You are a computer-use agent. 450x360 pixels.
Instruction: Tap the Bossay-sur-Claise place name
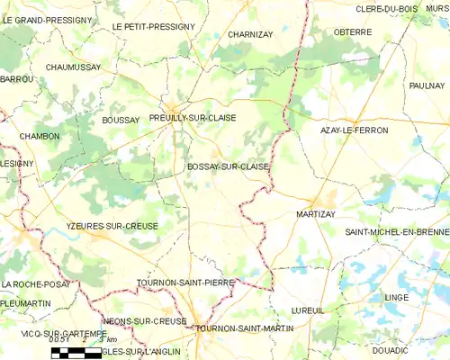[x=229, y=166]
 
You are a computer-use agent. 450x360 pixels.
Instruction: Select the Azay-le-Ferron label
[x=355, y=130]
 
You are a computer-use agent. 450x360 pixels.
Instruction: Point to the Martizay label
[x=316, y=214]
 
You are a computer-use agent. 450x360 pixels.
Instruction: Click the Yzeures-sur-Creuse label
[x=112, y=226]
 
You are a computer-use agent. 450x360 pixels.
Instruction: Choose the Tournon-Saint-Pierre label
[x=184, y=283]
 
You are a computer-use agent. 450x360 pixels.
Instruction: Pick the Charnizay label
[x=250, y=34]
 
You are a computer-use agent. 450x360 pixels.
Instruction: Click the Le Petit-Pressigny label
[x=154, y=27]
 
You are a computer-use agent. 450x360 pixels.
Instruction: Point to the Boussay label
[x=121, y=120]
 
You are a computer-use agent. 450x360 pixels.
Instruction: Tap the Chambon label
[x=40, y=136]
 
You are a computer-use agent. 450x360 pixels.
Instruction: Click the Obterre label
[x=353, y=32]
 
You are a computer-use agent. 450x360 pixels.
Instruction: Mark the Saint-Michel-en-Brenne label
[x=397, y=233]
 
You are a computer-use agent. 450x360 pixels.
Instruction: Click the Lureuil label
[x=308, y=310]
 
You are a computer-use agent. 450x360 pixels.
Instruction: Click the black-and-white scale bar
[x=76, y=353]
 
